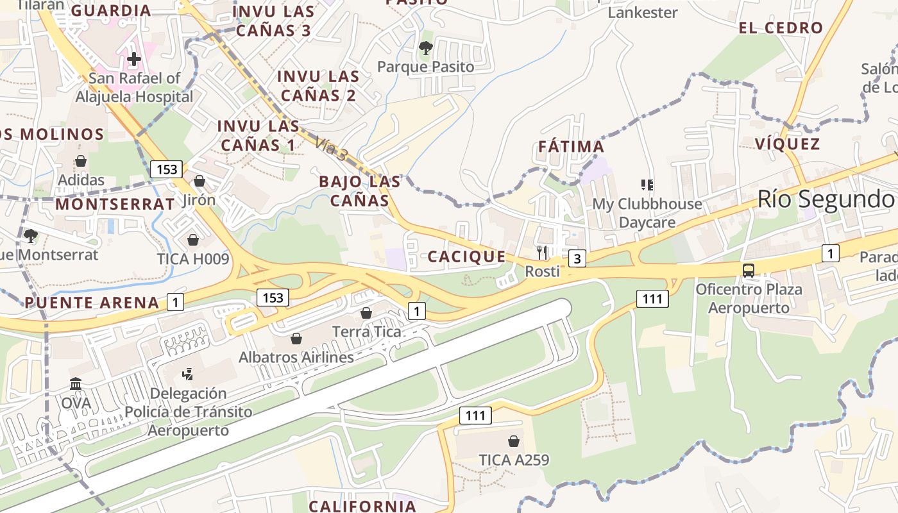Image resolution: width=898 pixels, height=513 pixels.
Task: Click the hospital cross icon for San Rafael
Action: (133, 59)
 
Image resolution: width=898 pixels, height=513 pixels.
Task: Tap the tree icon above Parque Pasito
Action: (425, 47)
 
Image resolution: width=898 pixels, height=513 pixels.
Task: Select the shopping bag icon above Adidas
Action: (81, 160)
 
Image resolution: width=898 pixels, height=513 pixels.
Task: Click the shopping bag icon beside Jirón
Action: (199, 181)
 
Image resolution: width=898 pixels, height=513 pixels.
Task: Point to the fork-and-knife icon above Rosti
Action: (543, 252)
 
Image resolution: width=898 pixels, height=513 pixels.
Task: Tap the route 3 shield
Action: (577, 258)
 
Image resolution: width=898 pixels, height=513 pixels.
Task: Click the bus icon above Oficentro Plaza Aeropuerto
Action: (749, 270)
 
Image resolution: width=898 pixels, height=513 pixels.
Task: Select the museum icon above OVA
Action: (76, 384)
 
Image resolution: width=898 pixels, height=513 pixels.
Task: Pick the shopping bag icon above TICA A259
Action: (514, 441)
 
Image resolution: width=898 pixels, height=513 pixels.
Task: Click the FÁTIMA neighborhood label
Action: (571, 147)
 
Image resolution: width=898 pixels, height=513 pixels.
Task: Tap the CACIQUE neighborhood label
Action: (466, 257)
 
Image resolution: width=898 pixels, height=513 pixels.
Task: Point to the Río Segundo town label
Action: (826, 199)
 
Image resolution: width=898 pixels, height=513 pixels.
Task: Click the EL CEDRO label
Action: (781, 28)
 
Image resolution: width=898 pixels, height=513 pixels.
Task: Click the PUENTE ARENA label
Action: (92, 303)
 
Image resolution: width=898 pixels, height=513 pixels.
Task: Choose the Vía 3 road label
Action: (332, 150)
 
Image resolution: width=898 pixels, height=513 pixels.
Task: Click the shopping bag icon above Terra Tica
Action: (366, 313)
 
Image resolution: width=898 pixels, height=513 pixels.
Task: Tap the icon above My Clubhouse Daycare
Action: (647, 185)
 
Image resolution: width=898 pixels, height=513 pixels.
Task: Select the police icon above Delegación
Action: (188, 374)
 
